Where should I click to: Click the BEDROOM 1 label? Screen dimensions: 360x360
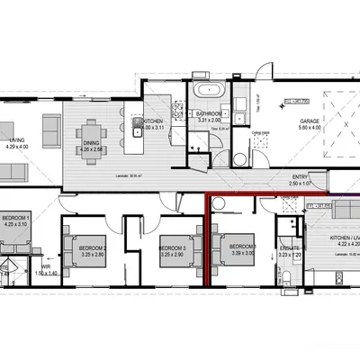tap(16, 218)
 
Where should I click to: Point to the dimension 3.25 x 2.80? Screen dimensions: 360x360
tap(94, 255)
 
